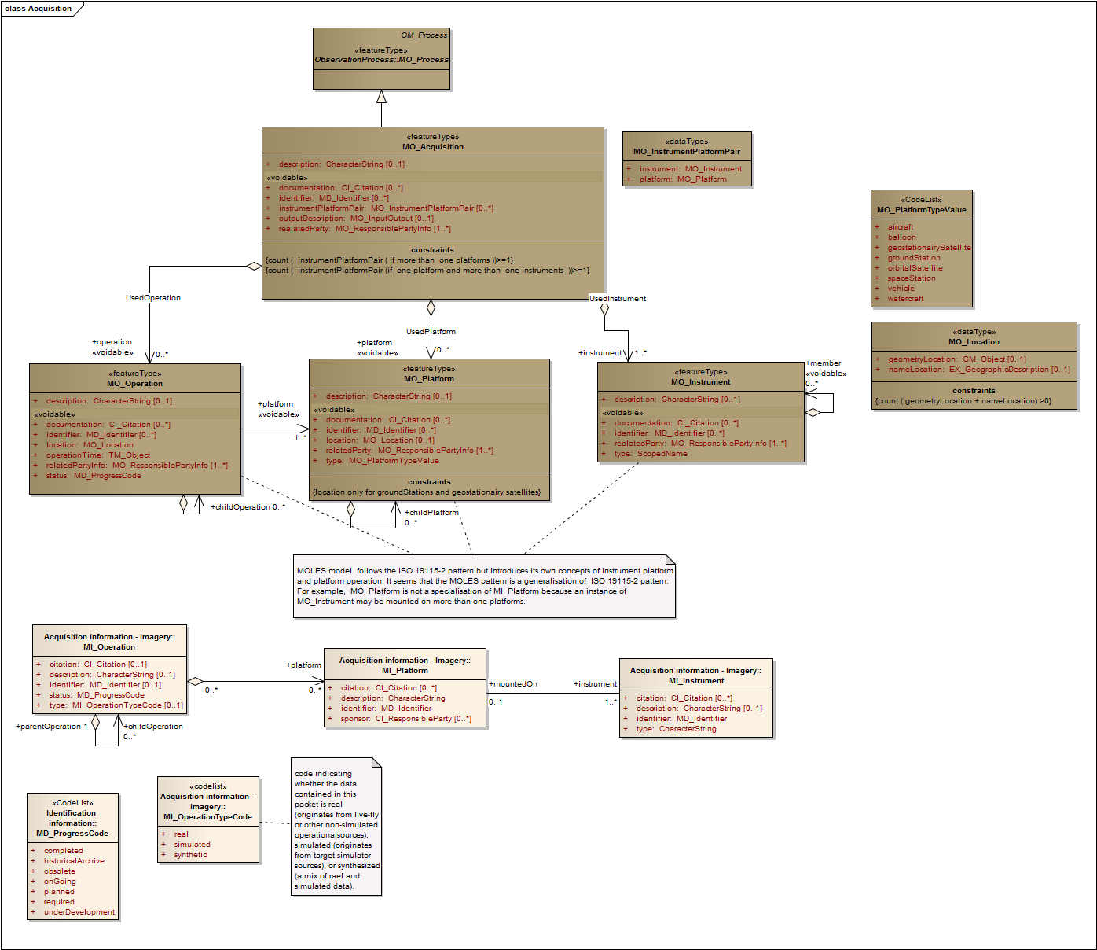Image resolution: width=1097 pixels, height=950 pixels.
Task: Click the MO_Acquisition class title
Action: (x=432, y=147)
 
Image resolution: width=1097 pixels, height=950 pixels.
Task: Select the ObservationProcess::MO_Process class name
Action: (x=381, y=60)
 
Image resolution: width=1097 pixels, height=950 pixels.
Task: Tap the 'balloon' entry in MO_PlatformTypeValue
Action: (x=901, y=237)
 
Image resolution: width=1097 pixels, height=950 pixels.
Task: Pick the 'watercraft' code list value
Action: (x=905, y=299)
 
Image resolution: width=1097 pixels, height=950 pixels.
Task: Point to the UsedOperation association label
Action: (x=153, y=298)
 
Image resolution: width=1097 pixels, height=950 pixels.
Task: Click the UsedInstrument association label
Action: (x=618, y=299)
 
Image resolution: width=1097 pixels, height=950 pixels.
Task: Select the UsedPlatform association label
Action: (x=431, y=332)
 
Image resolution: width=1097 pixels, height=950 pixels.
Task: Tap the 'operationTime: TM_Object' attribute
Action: (x=97, y=455)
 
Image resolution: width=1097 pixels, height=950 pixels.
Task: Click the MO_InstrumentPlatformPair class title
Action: (x=687, y=152)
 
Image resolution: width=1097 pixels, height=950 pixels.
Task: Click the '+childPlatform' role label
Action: (x=433, y=513)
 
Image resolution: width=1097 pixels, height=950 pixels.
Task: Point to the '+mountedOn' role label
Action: (x=513, y=684)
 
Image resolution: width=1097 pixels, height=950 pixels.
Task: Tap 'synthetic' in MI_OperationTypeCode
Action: (x=191, y=855)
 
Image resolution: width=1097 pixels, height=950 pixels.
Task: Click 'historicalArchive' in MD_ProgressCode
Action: (x=74, y=861)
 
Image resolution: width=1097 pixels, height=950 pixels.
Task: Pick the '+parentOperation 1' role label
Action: (x=52, y=727)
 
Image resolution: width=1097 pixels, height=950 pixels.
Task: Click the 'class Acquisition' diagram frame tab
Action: (x=39, y=9)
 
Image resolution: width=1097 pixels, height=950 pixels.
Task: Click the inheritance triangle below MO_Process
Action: (x=381, y=97)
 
